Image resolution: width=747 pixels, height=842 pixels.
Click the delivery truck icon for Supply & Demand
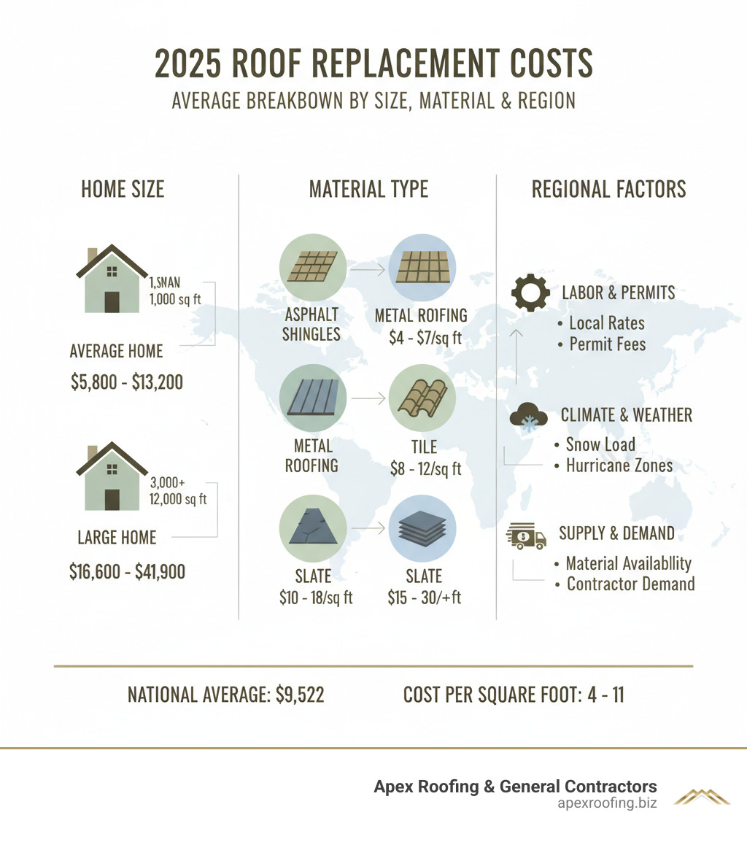click(526, 538)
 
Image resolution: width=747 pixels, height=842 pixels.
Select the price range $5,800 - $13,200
click(127, 382)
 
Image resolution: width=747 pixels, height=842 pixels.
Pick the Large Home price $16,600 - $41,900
click(127, 571)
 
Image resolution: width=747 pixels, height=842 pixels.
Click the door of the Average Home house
click(112, 301)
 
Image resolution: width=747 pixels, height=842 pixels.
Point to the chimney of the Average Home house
click(92, 257)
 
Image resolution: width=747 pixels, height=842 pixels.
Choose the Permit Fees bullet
click(607, 344)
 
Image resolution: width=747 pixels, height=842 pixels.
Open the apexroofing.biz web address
click(605, 804)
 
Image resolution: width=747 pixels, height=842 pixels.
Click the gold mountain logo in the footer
click(701, 796)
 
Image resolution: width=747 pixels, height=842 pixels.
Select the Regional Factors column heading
click(608, 190)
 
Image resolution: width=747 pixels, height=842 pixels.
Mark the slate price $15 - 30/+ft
click(424, 597)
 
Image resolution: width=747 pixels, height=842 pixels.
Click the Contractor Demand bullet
click(630, 584)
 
